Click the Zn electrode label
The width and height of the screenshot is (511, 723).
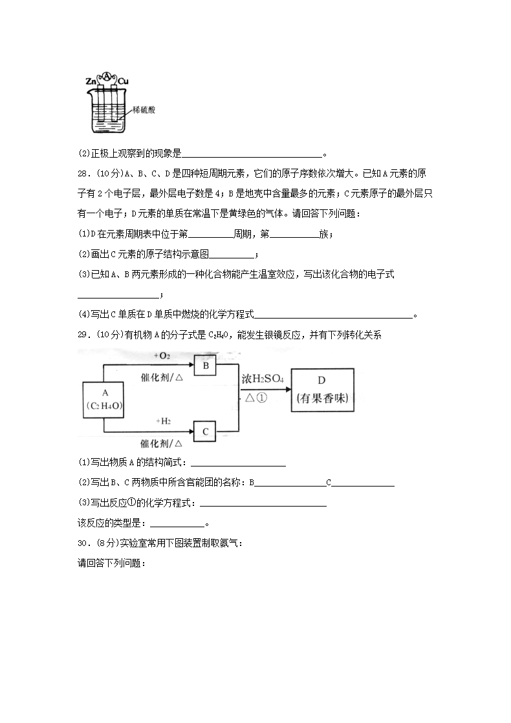coord(91,81)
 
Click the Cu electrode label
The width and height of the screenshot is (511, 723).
coord(124,81)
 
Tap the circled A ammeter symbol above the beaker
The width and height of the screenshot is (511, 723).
coord(107,76)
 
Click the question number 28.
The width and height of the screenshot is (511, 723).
coord(83,173)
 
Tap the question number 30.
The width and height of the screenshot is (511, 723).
coord(83,543)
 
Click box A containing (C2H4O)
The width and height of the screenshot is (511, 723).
coord(104,399)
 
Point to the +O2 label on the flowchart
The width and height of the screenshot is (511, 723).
coord(162,356)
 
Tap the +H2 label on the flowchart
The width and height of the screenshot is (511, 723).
coord(163,421)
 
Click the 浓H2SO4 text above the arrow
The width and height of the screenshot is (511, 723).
coord(263,379)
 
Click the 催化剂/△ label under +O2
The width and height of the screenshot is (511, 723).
coord(162,379)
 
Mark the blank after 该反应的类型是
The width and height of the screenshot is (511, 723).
coord(177,524)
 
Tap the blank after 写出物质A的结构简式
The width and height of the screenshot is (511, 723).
coord(239,463)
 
